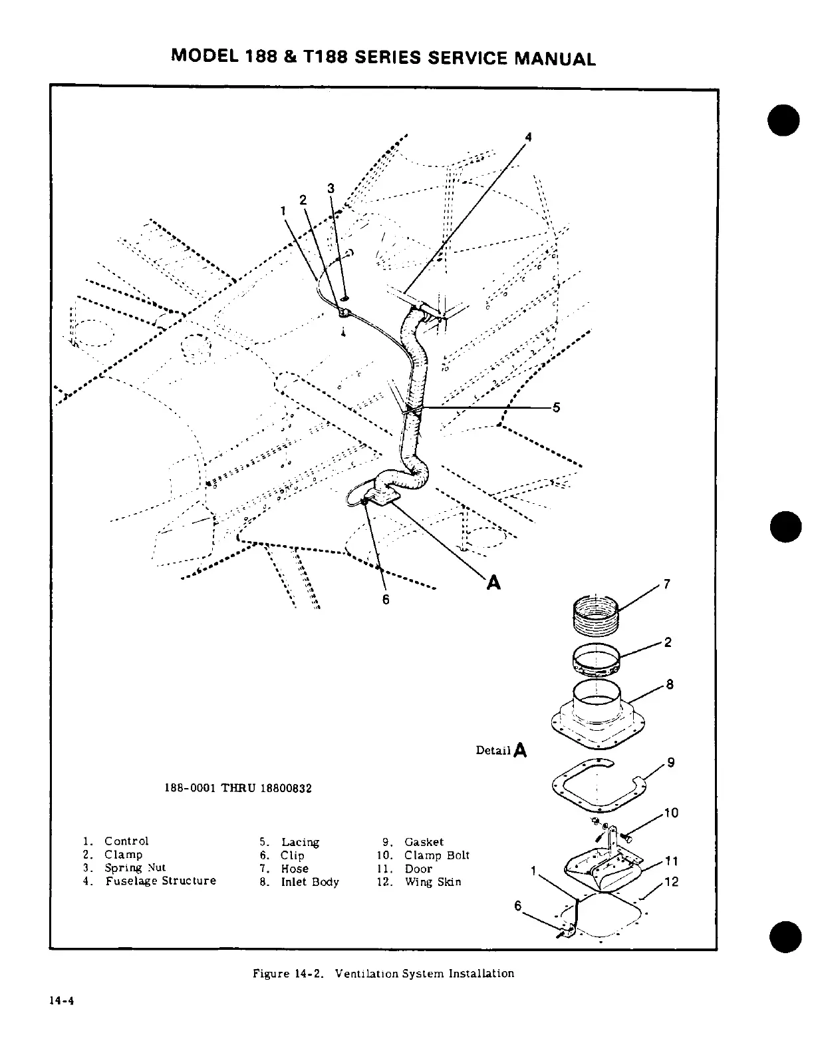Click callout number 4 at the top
pyautogui.click(x=529, y=136)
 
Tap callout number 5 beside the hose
pyautogui.click(x=557, y=408)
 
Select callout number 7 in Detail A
pyautogui.click(x=667, y=584)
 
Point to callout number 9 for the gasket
pyautogui.click(x=671, y=763)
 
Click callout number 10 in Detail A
pyautogui.click(x=672, y=813)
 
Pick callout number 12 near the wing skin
pyautogui.click(x=672, y=882)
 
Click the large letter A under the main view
pyautogui.click(x=493, y=582)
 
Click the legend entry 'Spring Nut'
pyautogui.click(x=135, y=868)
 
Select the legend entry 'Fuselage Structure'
pyautogui.click(x=160, y=881)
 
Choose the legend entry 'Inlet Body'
pyautogui.click(x=309, y=882)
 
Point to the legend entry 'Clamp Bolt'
pyautogui.click(x=436, y=855)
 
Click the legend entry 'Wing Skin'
pyautogui.click(x=432, y=882)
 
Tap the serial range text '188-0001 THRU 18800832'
pyautogui.click(x=237, y=788)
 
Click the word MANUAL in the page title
pyautogui.click(x=555, y=59)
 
